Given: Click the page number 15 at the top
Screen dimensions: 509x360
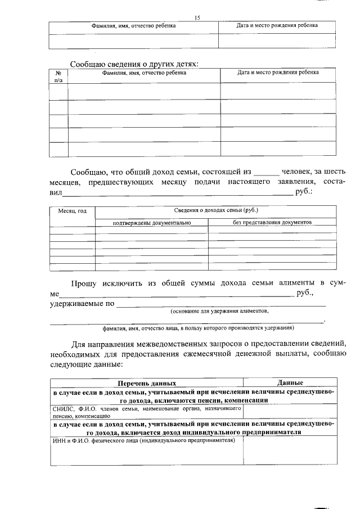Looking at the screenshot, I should [197, 18].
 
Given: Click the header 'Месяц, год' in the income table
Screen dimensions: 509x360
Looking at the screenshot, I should [73, 211].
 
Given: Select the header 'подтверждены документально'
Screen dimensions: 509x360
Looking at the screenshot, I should [152, 223].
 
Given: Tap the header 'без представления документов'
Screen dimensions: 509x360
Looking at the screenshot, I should [272, 223].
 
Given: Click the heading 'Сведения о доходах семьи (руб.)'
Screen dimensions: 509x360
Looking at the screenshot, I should [216, 210].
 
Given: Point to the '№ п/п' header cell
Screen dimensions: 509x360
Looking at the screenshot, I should [58, 76].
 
